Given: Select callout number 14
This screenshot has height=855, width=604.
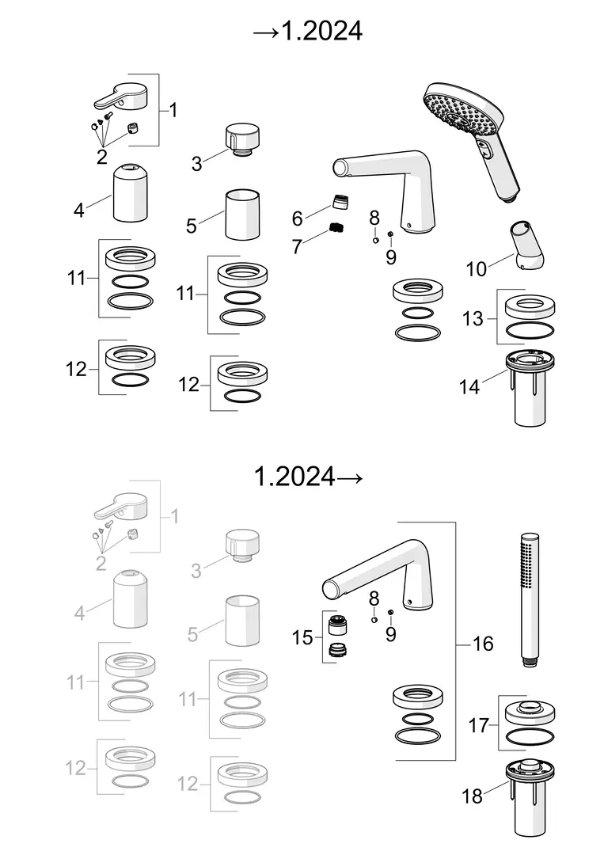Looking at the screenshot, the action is (469, 386).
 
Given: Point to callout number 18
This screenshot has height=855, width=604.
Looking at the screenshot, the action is (472, 796).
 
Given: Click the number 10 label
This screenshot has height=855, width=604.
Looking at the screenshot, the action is (476, 269).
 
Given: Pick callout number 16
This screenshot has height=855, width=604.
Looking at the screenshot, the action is (482, 644).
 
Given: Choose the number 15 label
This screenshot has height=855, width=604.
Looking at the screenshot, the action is (302, 637).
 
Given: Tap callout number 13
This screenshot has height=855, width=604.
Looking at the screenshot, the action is (473, 318).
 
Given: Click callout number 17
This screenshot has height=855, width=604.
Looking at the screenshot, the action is (479, 725).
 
